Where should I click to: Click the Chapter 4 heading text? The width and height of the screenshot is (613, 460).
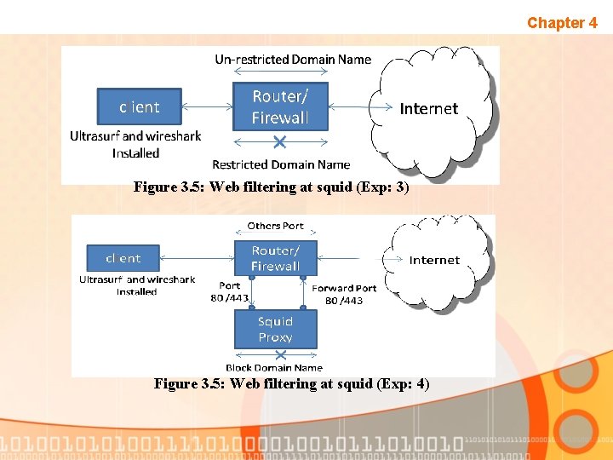point(562,23)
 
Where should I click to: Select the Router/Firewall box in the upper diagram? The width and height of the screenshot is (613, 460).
point(279,107)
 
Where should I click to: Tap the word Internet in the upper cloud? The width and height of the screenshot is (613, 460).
point(428,109)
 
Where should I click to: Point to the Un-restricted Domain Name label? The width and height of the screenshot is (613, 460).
point(293,60)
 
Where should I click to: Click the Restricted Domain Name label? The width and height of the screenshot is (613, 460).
point(281,164)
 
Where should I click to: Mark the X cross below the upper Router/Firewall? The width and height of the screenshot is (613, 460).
point(281,141)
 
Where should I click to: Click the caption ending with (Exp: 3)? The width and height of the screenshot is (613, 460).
point(272,187)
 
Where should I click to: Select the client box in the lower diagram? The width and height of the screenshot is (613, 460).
point(123,258)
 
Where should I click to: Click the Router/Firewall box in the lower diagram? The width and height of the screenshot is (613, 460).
point(275,258)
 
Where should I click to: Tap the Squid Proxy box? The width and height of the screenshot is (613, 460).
point(275,330)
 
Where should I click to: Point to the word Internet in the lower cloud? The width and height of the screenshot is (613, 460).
point(434,260)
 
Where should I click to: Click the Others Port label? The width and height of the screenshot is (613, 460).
point(275,226)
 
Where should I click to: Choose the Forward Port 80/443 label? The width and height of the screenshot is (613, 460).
point(345,294)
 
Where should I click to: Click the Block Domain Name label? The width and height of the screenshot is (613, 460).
point(274,368)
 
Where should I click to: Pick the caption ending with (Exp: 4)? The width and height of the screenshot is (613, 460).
point(292,384)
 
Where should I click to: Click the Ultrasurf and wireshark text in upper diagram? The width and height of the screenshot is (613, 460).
point(136,136)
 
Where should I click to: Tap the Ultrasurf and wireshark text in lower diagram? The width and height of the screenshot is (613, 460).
point(137,279)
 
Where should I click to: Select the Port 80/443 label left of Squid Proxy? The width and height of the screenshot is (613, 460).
point(230,292)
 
